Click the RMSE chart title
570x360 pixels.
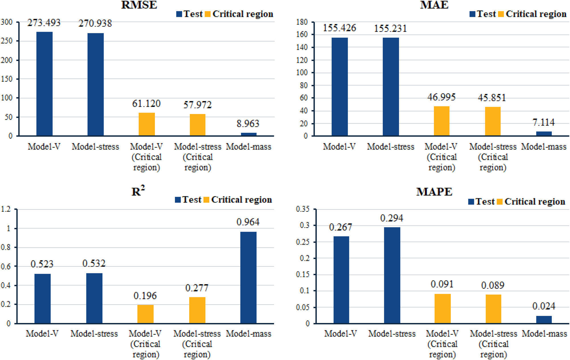(x=139, y=5)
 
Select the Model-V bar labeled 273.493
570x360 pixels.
(x=44, y=84)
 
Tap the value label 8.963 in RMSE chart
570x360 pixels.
(x=248, y=124)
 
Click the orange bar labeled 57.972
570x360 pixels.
(x=197, y=125)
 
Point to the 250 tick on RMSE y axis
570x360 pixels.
(x=7, y=41)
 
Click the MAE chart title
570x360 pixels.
(x=434, y=5)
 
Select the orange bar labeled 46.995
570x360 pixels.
(x=442, y=121)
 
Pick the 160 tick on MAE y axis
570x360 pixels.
(x=302, y=35)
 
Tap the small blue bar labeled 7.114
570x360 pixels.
(x=544, y=134)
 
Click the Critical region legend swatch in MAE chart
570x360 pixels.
(x=501, y=14)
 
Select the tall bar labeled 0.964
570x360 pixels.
(x=248, y=277)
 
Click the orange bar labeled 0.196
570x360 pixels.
(x=145, y=314)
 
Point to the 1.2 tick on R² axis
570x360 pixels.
(x=6, y=209)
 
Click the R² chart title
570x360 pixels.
(x=138, y=191)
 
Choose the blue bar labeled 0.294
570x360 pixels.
(x=392, y=275)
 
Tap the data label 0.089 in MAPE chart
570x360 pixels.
(x=493, y=285)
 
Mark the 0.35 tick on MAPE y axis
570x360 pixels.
(x=303, y=209)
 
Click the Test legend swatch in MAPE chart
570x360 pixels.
(x=471, y=202)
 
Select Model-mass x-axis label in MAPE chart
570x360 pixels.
(x=544, y=334)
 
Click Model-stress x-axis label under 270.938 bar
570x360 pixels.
(x=95, y=147)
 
